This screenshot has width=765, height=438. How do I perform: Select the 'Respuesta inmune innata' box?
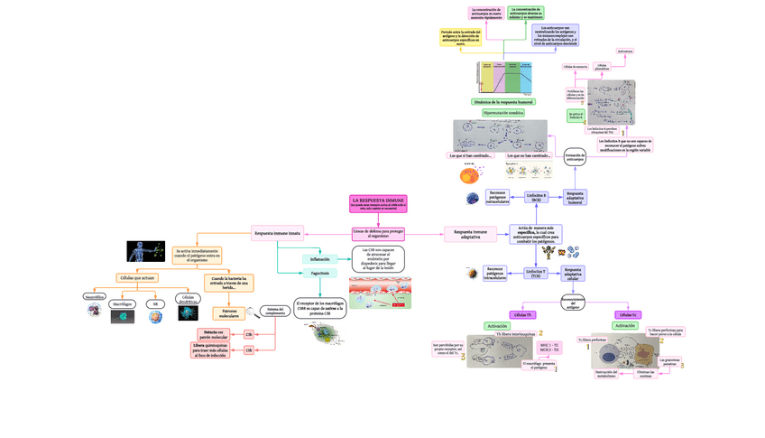277,233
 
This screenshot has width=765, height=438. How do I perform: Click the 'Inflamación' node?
320,259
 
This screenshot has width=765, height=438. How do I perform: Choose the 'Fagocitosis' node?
320,273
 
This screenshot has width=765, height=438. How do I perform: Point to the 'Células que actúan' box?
135,278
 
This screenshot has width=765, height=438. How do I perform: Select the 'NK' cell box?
155,304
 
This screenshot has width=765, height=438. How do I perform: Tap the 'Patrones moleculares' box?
229,313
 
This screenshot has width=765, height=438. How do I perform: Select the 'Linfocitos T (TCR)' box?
536,273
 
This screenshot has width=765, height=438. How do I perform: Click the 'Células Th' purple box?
522,314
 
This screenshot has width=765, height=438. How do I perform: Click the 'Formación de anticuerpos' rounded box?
575,158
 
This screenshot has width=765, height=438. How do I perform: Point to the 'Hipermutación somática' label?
502,113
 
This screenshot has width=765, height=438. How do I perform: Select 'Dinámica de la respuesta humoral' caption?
502,102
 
